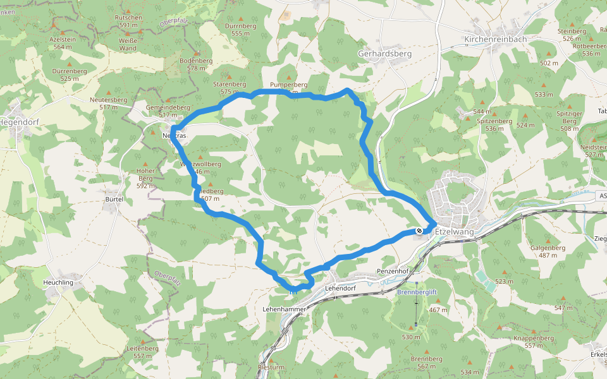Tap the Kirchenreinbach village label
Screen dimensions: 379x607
[x=495, y=39]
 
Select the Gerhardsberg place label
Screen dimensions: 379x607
[x=384, y=54]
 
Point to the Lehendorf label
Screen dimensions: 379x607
[x=341, y=288]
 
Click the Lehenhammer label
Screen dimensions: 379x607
[x=284, y=309]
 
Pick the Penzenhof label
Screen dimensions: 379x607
[x=393, y=271]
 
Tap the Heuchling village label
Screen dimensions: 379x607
[x=58, y=282]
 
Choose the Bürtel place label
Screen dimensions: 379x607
[x=114, y=199]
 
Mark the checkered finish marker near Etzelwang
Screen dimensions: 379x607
[x=419, y=231]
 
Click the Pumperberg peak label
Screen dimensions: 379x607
[x=288, y=85]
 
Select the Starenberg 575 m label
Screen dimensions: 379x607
[x=230, y=87]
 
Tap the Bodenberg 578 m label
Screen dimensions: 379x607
[x=196, y=64]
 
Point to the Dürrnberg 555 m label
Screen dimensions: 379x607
[x=240, y=30]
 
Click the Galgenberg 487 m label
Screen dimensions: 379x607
[x=548, y=251]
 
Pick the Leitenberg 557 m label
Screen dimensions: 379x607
[x=142, y=352]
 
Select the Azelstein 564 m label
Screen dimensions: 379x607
[x=63, y=42]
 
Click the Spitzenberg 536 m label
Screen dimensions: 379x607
[x=494, y=124]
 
